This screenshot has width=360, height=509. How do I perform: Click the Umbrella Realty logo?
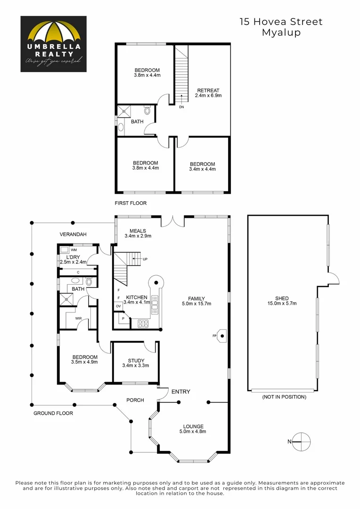53,44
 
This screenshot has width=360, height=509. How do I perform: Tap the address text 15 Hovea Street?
281,22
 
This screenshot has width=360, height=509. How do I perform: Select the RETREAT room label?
208,90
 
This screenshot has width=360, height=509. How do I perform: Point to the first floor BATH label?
137,122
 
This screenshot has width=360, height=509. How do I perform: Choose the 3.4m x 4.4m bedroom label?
202,164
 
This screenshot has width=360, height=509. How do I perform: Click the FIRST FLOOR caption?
131,203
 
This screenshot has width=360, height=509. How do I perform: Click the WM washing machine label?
74,250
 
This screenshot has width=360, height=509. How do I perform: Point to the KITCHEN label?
137,297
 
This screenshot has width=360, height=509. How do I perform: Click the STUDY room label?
136,361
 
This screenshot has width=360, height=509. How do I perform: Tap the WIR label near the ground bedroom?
78,318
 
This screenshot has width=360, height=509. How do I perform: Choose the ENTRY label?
181,392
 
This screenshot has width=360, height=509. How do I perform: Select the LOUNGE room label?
193,426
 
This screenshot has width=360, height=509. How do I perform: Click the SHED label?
281,298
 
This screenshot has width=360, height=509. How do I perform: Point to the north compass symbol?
302,441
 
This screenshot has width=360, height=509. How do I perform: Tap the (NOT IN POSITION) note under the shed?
284,397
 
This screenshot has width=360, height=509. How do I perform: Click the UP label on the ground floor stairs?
145,259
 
